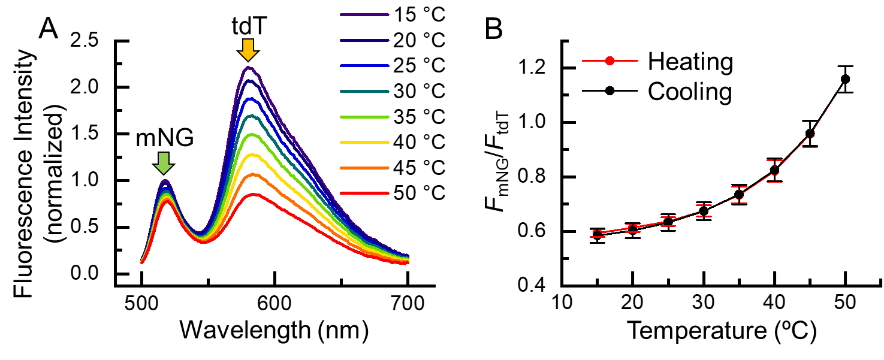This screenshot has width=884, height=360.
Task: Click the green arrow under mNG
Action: pos(164,162)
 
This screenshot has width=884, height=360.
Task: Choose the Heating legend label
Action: pos(690,61)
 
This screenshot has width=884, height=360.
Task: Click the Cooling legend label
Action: pos(689,92)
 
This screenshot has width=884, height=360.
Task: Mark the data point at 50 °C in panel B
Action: pos(845,79)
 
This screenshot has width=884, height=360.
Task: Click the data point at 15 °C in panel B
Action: pos(597,234)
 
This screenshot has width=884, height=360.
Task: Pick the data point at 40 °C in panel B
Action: pos(774,170)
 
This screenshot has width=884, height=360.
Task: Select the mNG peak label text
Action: pos(163,137)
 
